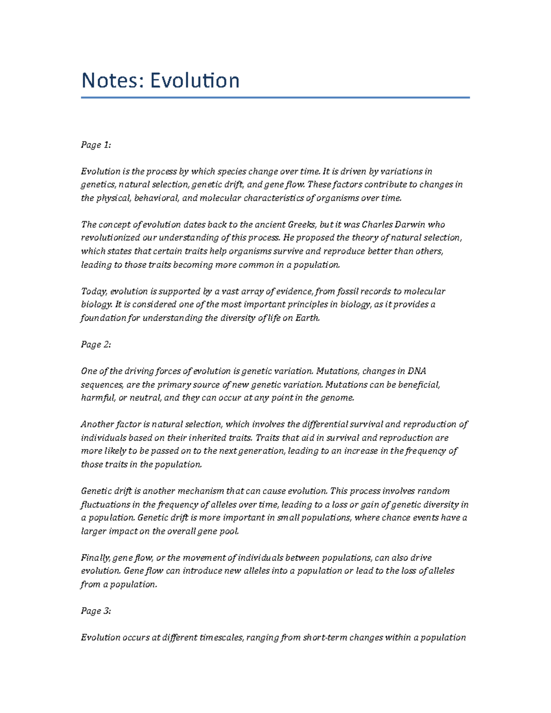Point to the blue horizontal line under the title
point(275,97)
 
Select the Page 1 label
point(96,145)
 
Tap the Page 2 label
point(96,345)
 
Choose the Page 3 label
point(96,611)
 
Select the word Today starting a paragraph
point(94,291)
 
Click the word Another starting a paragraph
point(97,424)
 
